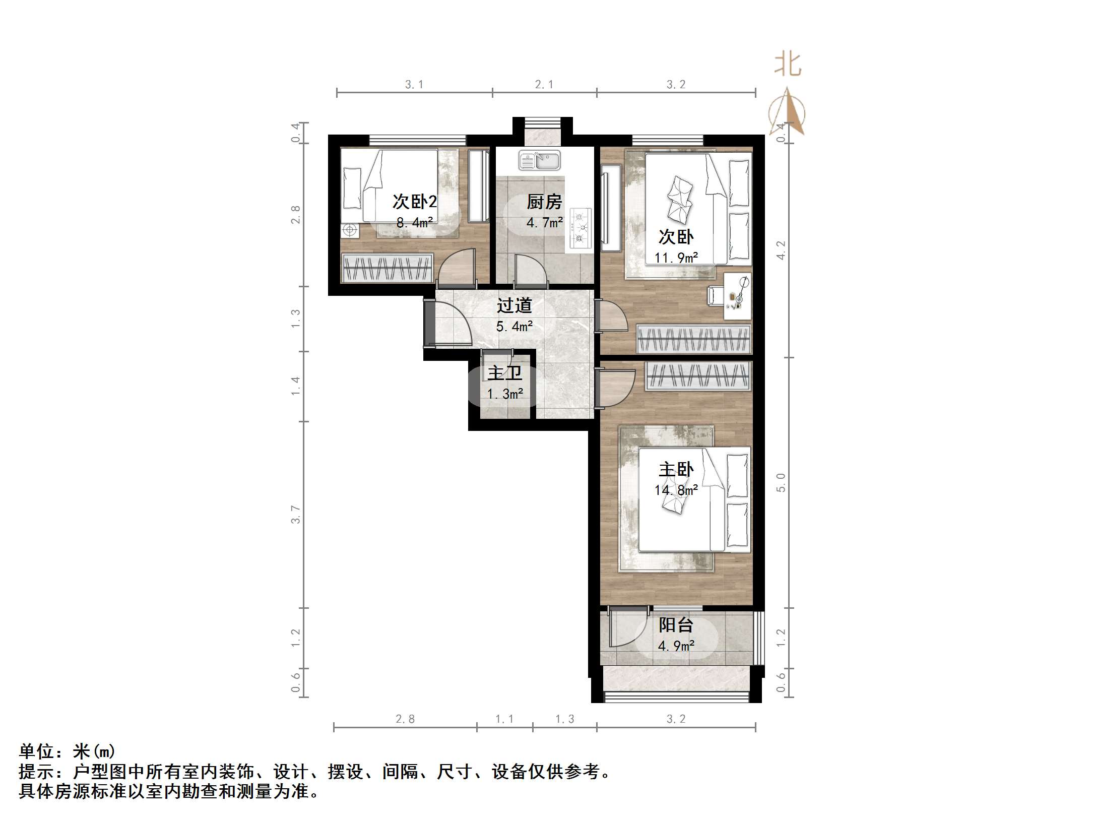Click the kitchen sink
tap(539, 161)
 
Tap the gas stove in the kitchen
tap(581, 230)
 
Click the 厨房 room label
tap(544, 202)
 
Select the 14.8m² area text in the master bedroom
tap(676, 489)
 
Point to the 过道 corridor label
tap(514, 305)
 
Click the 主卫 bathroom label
tap(504, 373)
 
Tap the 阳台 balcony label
tap(676, 625)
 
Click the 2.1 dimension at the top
tap(544, 85)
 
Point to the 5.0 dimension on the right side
tap(781, 482)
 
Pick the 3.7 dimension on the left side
tap(296, 515)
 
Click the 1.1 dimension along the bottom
tap(504, 719)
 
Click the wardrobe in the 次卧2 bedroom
tap(387, 268)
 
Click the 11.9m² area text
tap(676, 258)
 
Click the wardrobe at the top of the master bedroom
tap(698, 376)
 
